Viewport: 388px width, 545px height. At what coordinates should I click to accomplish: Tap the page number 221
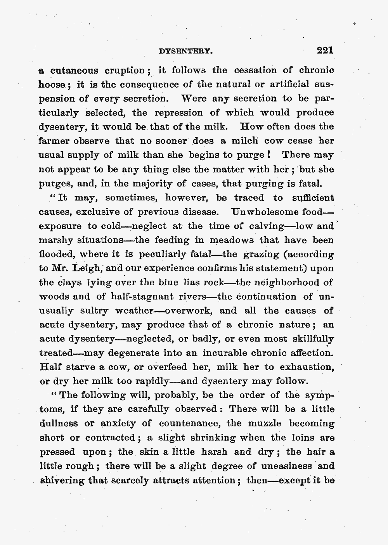[x=325, y=50]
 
